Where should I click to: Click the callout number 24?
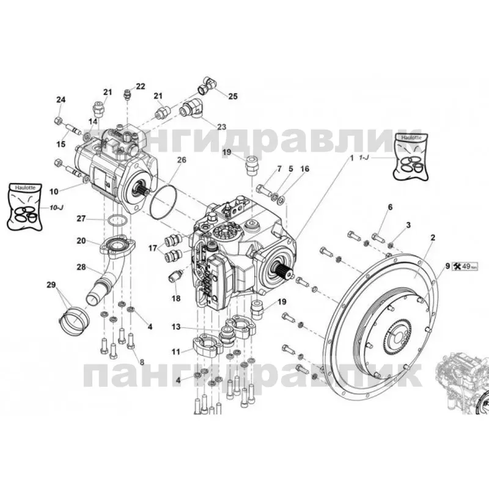[61, 100]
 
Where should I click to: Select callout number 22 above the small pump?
[141, 87]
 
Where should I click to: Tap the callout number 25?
[233, 96]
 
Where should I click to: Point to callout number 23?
[221, 127]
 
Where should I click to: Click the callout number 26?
[182, 160]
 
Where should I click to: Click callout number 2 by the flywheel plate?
[433, 235]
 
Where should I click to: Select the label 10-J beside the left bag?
[57, 208]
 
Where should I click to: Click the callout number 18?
[176, 299]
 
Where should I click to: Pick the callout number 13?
[175, 328]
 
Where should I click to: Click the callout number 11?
[175, 352]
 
